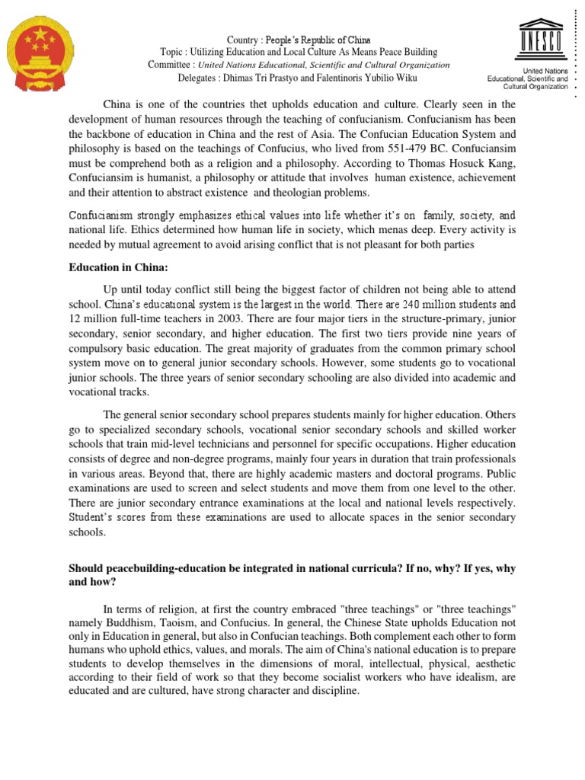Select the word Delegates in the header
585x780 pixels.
coord(201,78)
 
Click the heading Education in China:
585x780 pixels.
coord(118,268)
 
